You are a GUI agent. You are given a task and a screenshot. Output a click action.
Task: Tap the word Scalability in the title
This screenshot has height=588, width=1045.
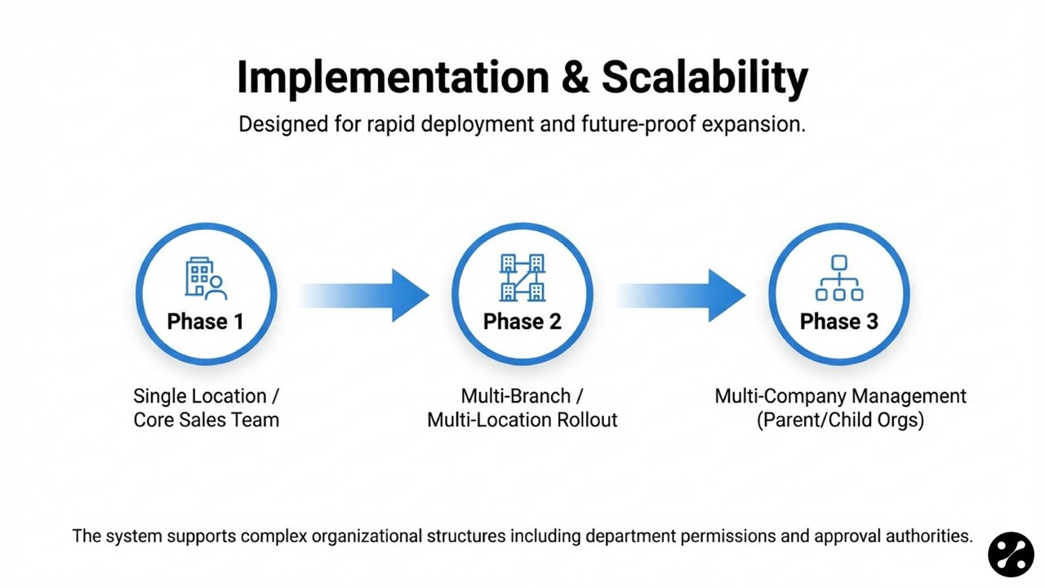click(705, 78)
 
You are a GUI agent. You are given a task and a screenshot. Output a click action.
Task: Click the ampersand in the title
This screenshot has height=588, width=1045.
click(576, 78)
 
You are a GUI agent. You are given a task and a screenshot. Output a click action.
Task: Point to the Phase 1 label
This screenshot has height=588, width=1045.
click(206, 321)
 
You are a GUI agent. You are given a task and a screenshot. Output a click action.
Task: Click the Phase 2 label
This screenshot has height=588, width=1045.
click(522, 321)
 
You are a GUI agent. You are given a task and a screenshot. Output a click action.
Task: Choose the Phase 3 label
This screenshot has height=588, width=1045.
click(838, 321)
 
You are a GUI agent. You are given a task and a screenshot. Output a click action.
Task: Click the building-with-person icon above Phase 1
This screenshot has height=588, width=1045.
click(206, 278)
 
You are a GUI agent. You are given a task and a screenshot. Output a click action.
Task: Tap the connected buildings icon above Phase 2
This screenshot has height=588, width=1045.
click(522, 277)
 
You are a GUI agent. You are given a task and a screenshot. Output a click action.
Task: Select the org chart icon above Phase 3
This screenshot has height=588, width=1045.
click(838, 278)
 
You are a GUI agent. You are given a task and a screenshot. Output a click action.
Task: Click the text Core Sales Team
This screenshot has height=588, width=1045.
click(207, 420)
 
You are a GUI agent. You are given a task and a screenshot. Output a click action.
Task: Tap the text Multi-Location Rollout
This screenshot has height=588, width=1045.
click(522, 420)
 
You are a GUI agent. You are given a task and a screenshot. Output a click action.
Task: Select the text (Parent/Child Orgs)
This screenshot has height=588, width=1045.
click(840, 420)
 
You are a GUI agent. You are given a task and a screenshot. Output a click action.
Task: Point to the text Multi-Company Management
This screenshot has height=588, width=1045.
click(840, 396)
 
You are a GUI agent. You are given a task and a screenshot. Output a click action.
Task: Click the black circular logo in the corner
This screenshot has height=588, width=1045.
click(1011, 554)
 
